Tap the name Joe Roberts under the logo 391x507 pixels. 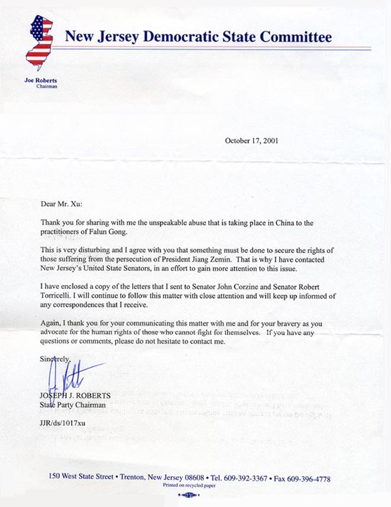[x=40, y=81]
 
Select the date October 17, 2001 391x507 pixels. [x=251, y=141]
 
